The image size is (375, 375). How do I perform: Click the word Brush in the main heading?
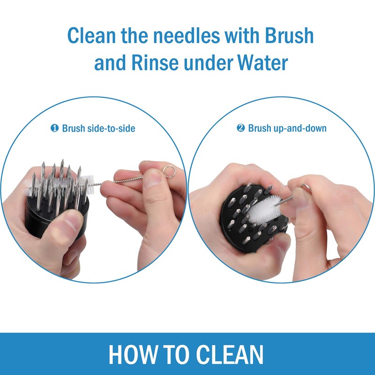click(x=289, y=36)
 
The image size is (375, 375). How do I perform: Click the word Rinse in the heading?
click(x=155, y=63)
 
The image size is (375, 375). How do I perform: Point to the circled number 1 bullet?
click(x=54, y=128)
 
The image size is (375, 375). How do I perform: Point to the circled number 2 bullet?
click(x=241, y=128)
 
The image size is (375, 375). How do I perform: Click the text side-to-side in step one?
click(x=111, y=128)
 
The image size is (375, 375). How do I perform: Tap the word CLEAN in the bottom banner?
click(x=230, y=354)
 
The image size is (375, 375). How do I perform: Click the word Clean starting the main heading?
click(x=91, y=36)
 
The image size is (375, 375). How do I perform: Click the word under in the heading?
click(x=208, y=63)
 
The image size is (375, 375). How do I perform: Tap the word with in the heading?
click(x=242, y=36)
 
